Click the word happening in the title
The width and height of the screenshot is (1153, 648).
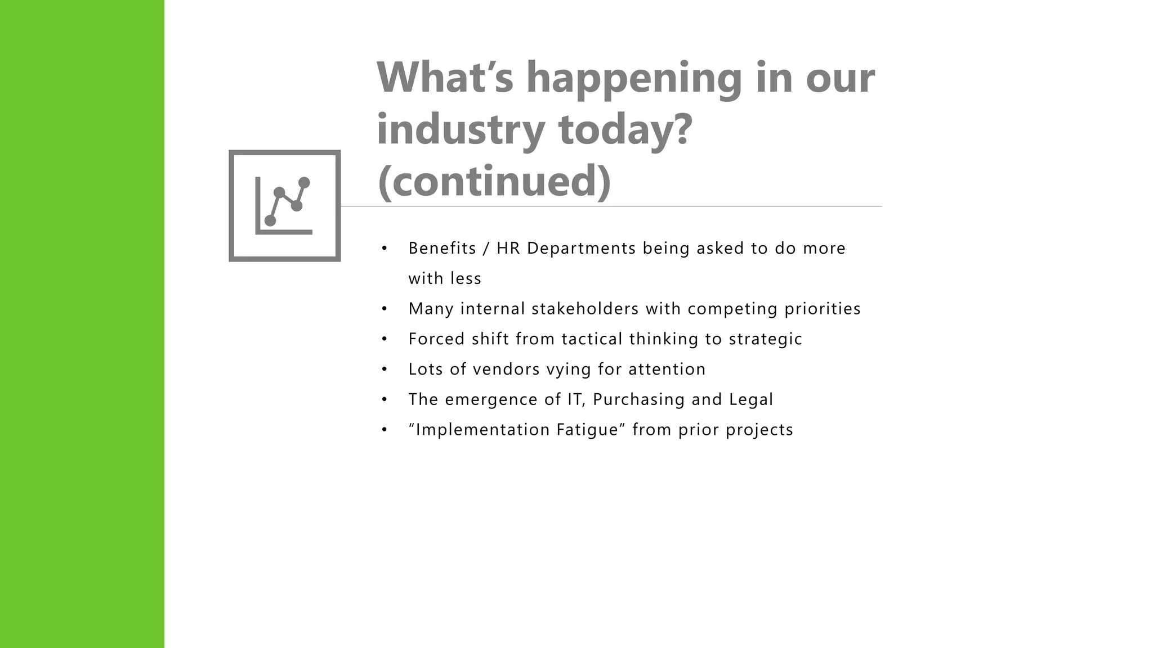[634, 79]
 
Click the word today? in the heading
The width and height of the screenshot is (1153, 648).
[625, 130]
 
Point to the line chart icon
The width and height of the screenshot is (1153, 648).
[284, 205]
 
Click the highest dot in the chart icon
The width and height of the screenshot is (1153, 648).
[304, 183]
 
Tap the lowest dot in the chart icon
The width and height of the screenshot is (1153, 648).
[270, 220]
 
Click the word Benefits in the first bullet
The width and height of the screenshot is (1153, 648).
[443, 248]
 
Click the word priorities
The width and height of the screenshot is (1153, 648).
[823, 309]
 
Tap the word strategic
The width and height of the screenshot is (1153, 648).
[766, 339]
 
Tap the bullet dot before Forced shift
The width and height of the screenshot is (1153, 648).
[385, 339]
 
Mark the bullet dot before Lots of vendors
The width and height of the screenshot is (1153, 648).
[385, 370]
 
